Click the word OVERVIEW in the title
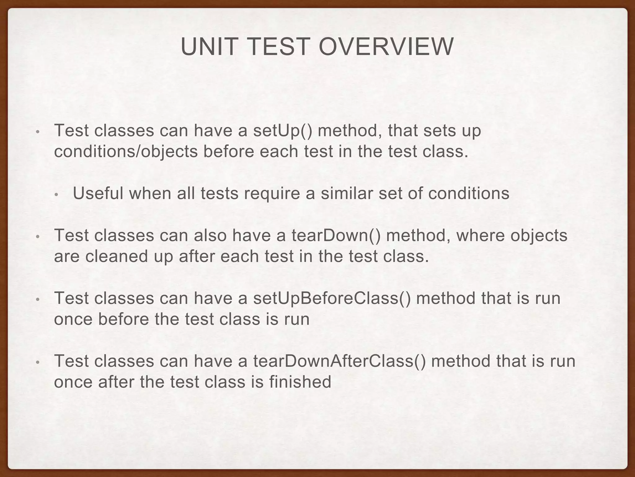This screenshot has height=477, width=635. pyautogui.click(x=386, y=47)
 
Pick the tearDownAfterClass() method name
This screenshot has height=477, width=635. pyautogui.click(x=339, y=361)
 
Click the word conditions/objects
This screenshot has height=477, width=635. pyautogui.click(x=126, y=152)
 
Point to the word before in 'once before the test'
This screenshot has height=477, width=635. pyautogui.click(x=123, y=319)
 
